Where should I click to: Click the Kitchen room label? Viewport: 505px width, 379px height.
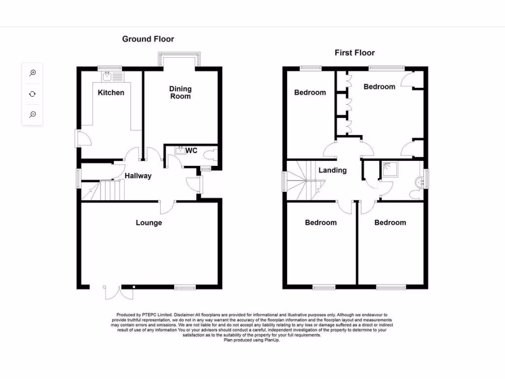(x=111, y=93)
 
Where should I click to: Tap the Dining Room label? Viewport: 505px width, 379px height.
(x=180, y=93)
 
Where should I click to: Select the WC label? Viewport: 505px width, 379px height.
(x=192, y=151)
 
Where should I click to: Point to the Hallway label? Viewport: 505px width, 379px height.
(x=138, y=176)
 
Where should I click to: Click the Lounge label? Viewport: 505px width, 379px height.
(x=149, y=223)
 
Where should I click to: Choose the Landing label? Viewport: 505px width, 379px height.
(x=332, y=171)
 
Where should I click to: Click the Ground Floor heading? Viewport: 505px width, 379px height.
(x=148, y=39)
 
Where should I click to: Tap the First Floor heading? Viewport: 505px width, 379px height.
(x=355, y=53)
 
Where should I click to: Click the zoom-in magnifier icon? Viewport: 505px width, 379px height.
(x=33, y=73)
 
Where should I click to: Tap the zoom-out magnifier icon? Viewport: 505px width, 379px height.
(x=33, y=114)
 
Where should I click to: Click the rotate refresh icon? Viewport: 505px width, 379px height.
(x=33, y=94)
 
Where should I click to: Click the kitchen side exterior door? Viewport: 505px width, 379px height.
(x=81, y=138)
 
